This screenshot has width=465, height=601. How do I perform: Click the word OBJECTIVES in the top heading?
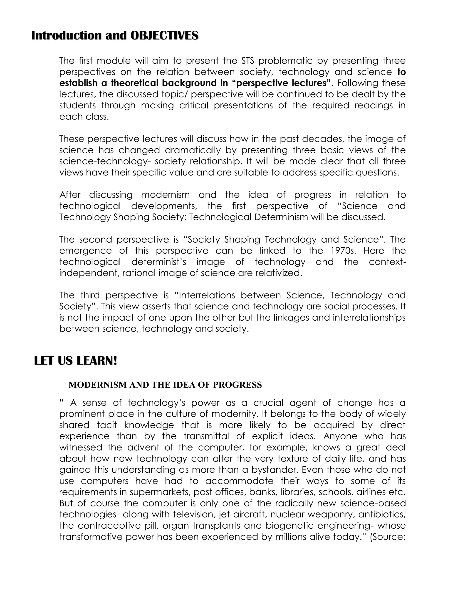(164, 36)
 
